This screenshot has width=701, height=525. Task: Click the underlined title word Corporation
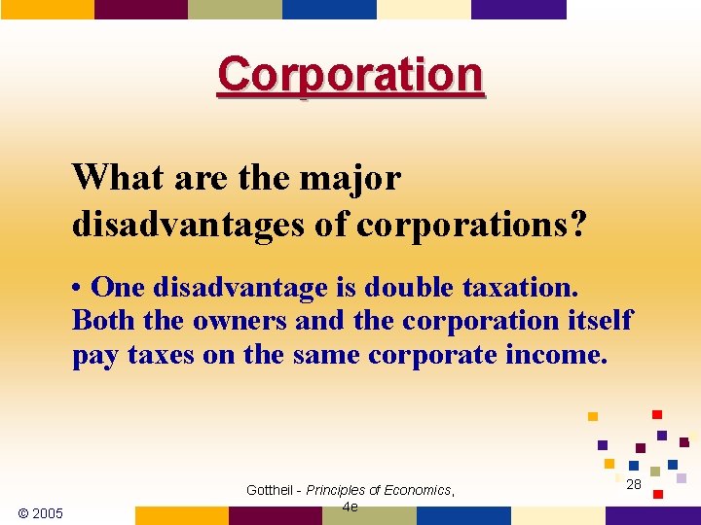pos(350,75)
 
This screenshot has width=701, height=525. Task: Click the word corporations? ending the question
pos(472,225)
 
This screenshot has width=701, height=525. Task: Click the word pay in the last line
pos(94,355)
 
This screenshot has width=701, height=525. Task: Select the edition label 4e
pos(350,507)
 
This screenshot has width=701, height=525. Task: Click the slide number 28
pos(634,484)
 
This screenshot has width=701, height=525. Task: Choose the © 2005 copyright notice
pos(41,512)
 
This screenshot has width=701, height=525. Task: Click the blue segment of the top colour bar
pos(329,9)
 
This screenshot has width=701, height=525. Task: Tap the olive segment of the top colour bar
pos(235,9)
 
